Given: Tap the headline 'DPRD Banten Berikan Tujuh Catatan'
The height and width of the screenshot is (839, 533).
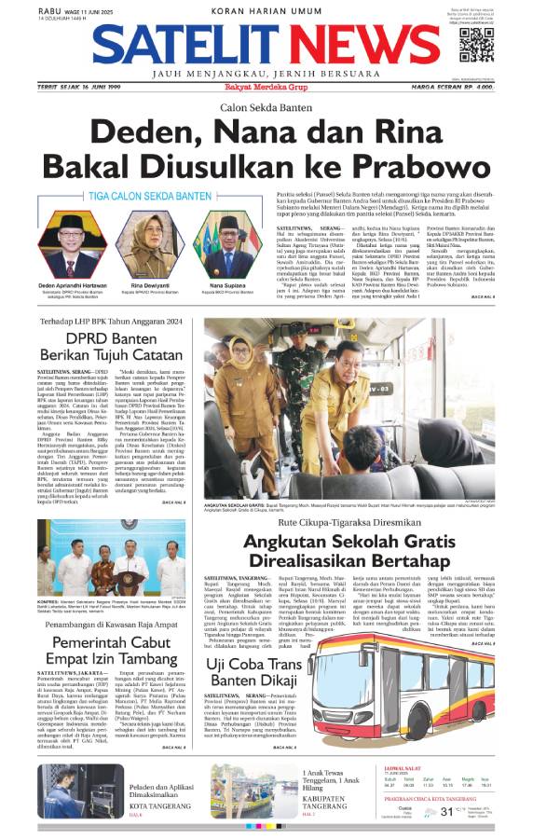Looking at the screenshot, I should tap(111, 344).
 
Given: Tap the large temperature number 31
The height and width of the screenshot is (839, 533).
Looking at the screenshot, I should tap(446, 812).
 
